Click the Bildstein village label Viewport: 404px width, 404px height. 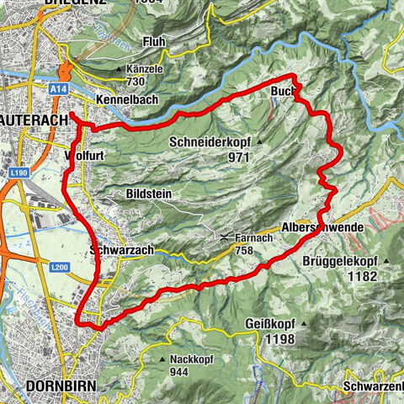(x=147, y=194)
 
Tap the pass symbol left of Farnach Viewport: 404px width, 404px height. (x=225, y=237)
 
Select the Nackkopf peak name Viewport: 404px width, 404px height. (x=192, y=359)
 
